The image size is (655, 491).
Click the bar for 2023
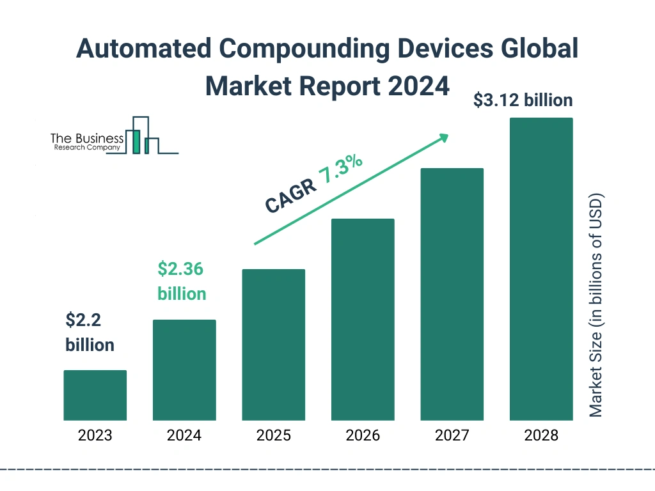tap(95, 395)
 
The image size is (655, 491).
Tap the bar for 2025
tap(273, 345)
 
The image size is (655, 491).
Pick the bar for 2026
tap(363, 320)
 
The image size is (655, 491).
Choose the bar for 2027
tap(452, 294)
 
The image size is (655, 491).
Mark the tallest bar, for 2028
tap(541, 269)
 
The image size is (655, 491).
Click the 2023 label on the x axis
tap(95, 436)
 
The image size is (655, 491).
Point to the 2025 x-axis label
tap(273, 436)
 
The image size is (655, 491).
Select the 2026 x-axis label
tap(363, 436)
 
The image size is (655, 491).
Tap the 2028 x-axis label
tap(541, 436)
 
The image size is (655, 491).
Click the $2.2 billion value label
tap(90, 332)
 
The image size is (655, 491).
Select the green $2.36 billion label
tap(182, 281)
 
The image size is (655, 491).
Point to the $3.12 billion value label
tap(523, 100)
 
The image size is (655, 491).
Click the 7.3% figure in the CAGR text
tap(341, 169)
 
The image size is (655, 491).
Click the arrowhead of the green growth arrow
tap(443, 137)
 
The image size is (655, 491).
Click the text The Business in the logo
tap(87, 138)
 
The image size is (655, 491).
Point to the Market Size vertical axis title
tap(596, 304)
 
